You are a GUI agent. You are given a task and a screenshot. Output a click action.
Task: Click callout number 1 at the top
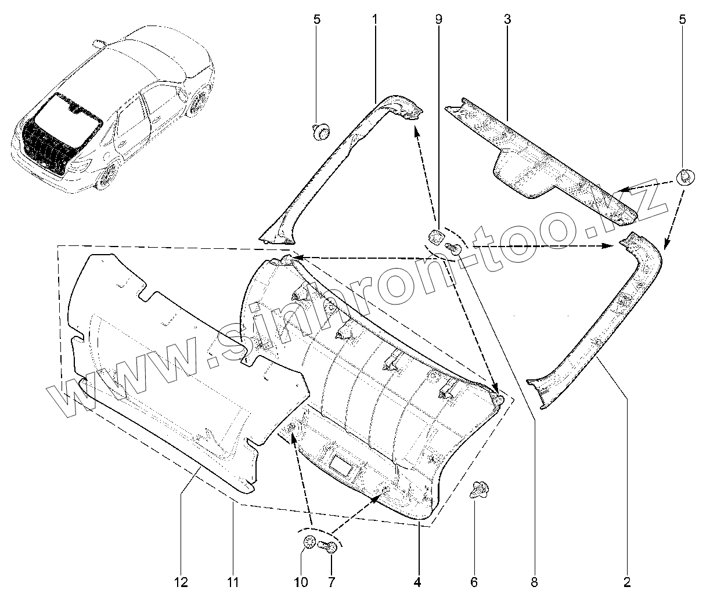tap(374, 19)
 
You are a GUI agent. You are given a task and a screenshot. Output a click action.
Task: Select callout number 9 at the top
tap(438, 19)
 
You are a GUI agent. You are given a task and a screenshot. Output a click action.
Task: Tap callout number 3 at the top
tap(507, 19)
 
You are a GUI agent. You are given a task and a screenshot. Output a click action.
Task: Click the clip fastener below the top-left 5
tap(319, 132)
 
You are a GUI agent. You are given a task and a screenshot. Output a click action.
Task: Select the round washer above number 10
tap(310, 543)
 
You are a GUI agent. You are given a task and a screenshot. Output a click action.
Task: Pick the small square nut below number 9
tap(436, 237)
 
